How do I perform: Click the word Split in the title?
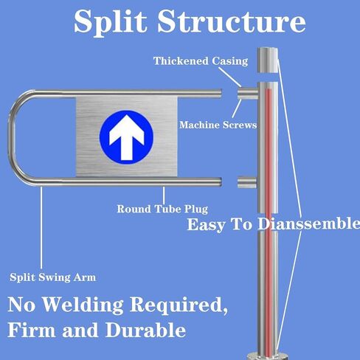point(110,21)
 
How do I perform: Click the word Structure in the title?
point(232,21)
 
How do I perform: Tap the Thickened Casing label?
point(201,61)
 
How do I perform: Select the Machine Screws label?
point(218,125)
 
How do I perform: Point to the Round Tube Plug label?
point(162,210)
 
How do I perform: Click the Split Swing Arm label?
point(53,277)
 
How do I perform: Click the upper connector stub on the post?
point(248,94)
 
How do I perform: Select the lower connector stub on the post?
point(247,182)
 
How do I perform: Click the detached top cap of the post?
point(268,60)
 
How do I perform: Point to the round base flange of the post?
point(268,356)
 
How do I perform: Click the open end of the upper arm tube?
point(220,93)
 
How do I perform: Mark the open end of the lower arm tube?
point(220,181)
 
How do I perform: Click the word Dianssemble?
point(308,224)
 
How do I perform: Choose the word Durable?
point(145,330)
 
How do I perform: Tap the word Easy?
point(206,225)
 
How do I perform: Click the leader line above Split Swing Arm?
point(41,228)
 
